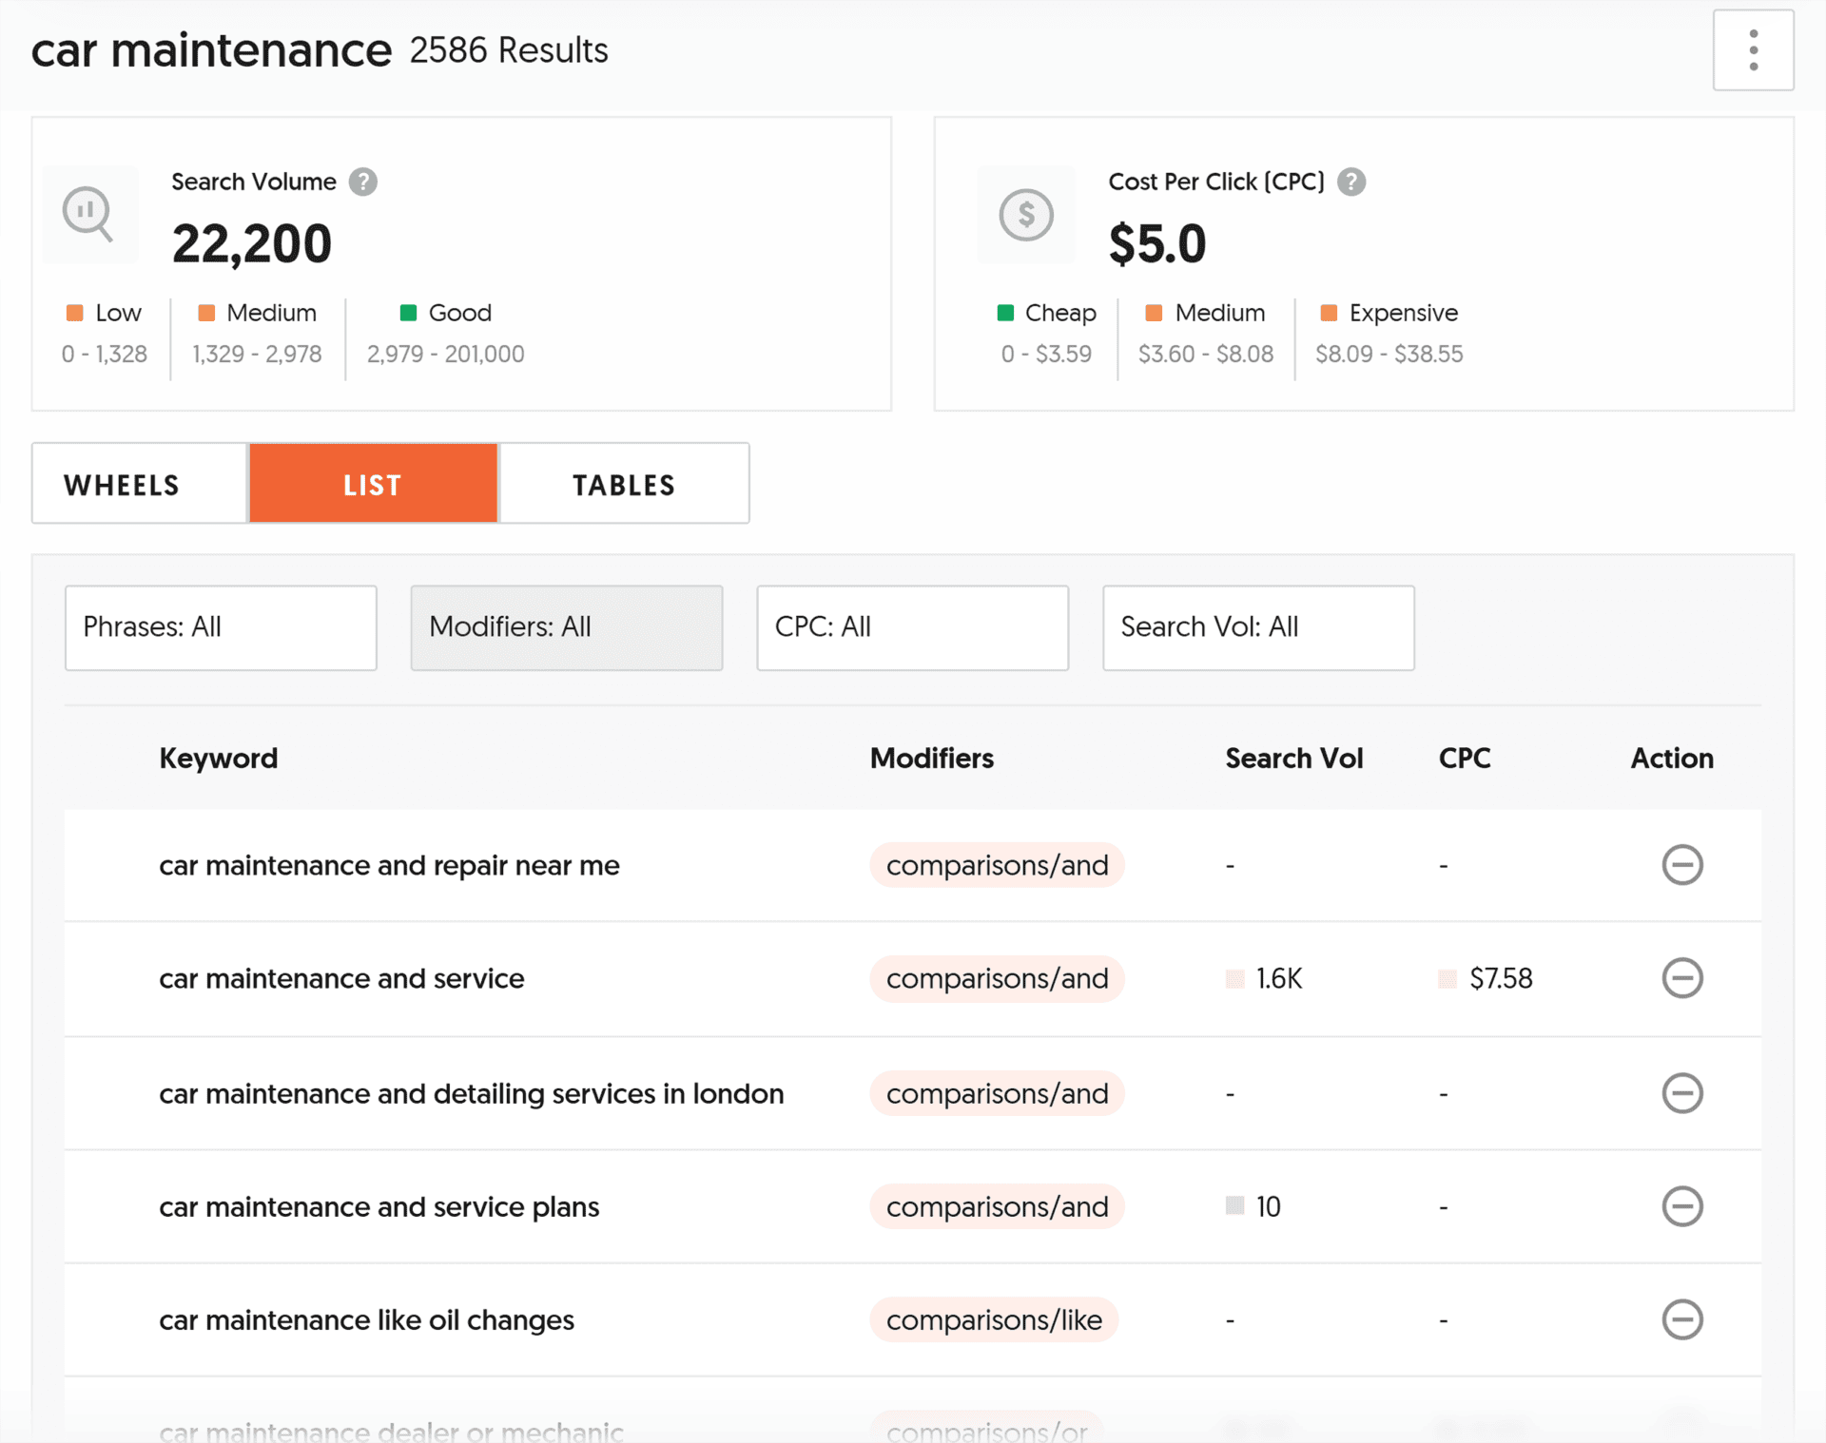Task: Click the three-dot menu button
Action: tap(1753, 50)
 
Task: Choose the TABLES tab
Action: tap(624, 484)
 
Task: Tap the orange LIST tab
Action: tap(373, 484)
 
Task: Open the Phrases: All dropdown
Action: tap(221, 627)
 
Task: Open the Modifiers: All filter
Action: tap(566, 627)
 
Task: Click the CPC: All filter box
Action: tap(912, 627)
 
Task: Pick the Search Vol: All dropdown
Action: tap(1257, 627)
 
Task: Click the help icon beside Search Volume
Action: tap(362, 182)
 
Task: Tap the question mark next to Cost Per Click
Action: tap(1350, 182)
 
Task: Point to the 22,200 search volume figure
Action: tap(252, 243)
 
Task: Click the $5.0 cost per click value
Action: tap(1156, 243)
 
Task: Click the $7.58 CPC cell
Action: tap(1500, 978)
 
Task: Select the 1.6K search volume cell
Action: tap(1278, 978)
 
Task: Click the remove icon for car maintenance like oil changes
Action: tap(1681, 1319)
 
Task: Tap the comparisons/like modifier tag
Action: tap(994, 1319)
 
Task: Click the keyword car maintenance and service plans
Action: tap(379, 1206)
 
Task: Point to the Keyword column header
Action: tap(219, 758)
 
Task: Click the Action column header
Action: tap(1671, 758)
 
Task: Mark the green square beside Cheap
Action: tap(1005, 313)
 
